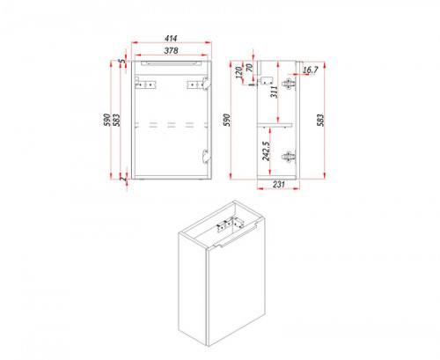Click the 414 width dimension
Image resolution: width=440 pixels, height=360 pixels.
171,38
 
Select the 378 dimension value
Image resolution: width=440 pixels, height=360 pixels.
171,50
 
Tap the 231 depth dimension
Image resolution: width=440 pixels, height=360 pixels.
279,184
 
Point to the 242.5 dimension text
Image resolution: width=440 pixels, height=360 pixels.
266,151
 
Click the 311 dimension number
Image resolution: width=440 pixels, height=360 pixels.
274,92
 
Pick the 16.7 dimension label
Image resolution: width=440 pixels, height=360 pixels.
311,70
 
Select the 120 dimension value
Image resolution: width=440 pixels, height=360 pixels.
239,72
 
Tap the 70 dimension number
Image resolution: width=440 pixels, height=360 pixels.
249,68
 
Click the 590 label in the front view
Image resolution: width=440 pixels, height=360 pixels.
107,120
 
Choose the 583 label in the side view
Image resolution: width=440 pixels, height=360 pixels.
320,120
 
